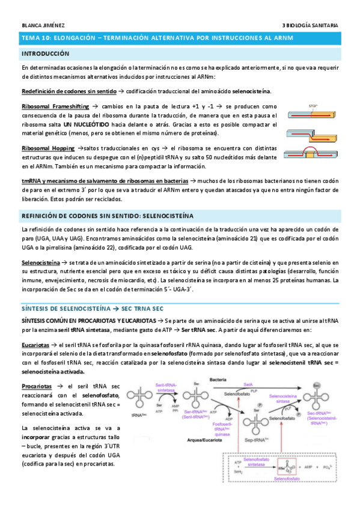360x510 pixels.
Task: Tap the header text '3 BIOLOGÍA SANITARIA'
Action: (310, 25)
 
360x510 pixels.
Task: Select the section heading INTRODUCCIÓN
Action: (44, 54)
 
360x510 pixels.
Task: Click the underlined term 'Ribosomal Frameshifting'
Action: (50, 106)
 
